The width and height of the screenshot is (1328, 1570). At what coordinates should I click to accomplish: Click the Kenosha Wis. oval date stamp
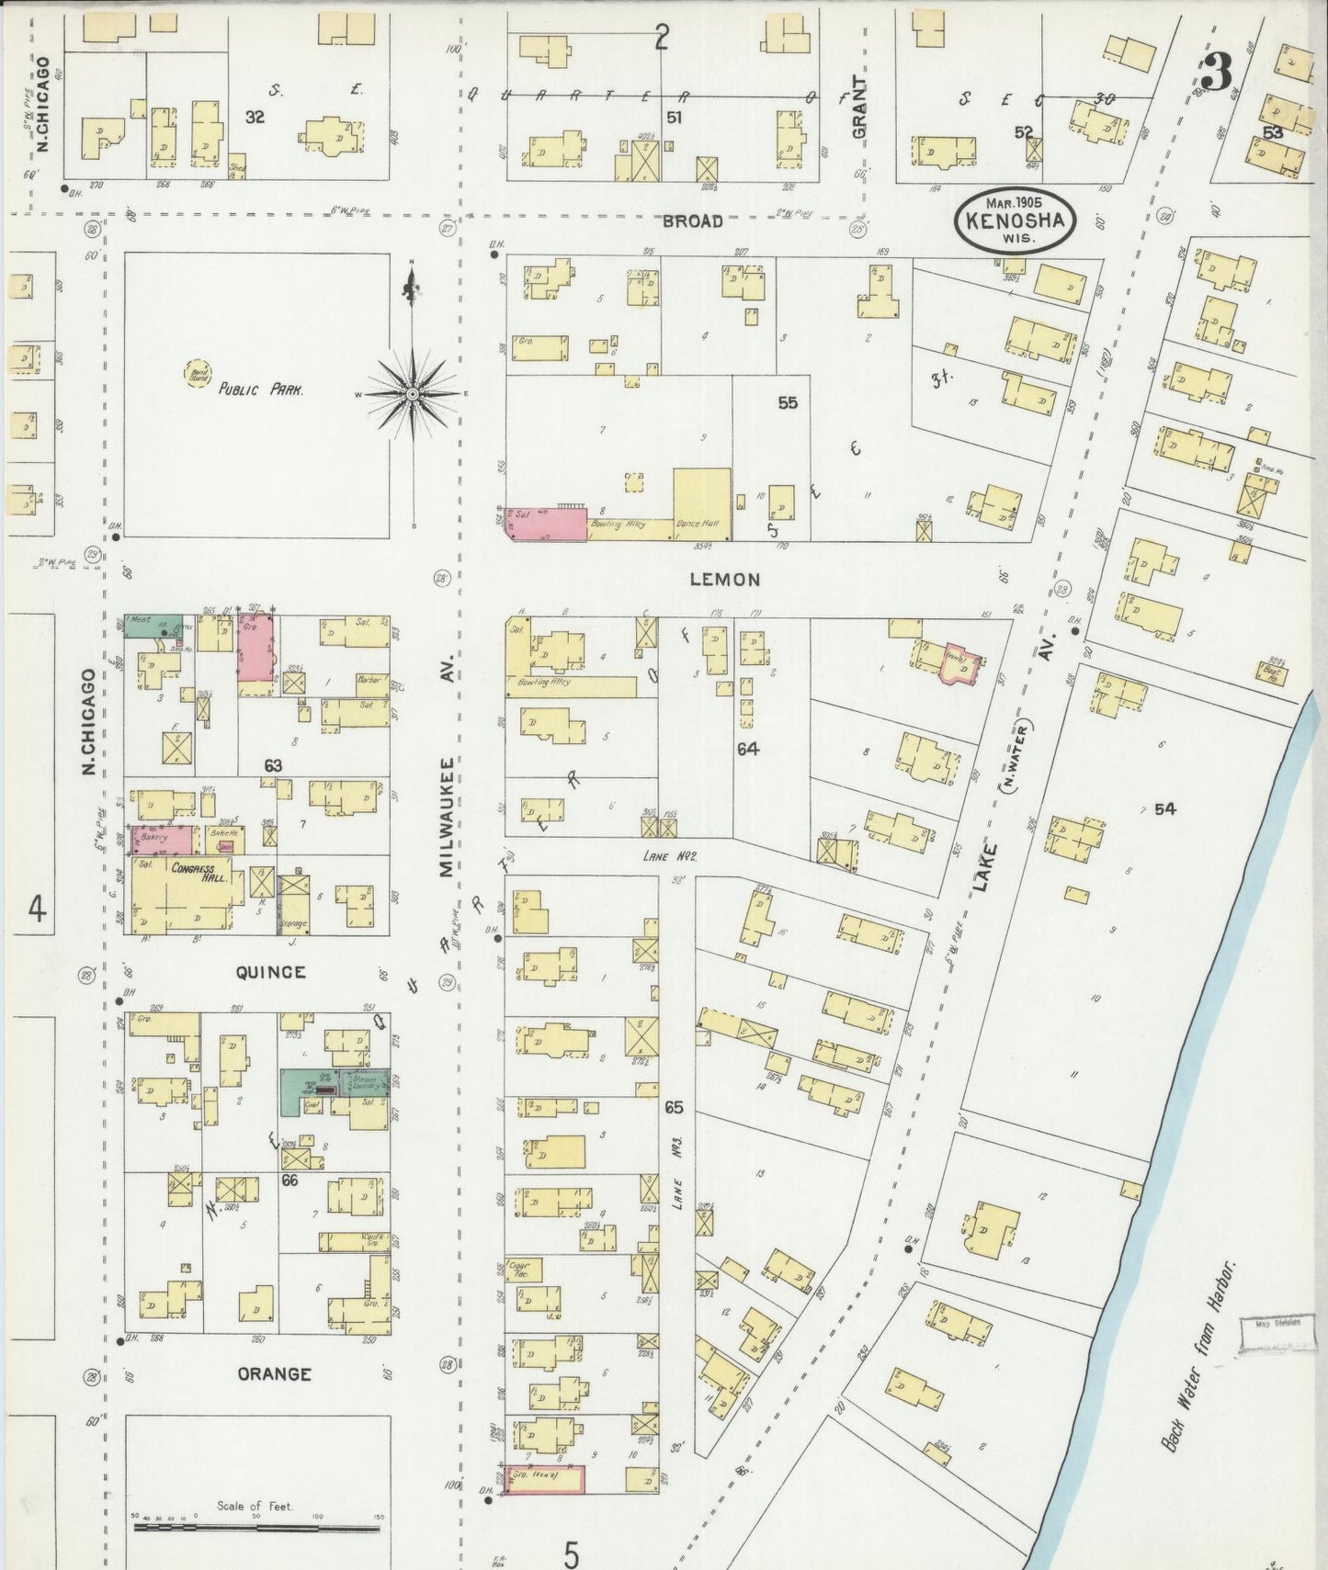(1014, 220)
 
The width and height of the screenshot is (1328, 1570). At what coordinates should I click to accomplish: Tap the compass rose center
(413, 393)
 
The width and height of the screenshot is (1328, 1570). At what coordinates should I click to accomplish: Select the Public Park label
(261, 389)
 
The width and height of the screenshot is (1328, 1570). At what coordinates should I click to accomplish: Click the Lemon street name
(726, 580)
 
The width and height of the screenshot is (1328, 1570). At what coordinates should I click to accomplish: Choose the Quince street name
(270, 972)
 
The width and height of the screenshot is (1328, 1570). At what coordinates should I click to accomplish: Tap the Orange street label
(274, 1374)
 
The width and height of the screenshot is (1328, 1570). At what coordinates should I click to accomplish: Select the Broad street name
(692, 221)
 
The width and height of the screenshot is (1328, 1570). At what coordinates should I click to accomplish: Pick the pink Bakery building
(163, 840)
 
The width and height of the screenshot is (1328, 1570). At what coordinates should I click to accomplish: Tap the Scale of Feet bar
(256, 1528)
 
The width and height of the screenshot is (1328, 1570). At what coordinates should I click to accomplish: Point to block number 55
(788, 402)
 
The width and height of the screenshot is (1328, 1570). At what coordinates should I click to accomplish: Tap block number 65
(674, 1108)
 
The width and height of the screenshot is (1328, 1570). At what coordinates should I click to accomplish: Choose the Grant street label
(859, 107)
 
